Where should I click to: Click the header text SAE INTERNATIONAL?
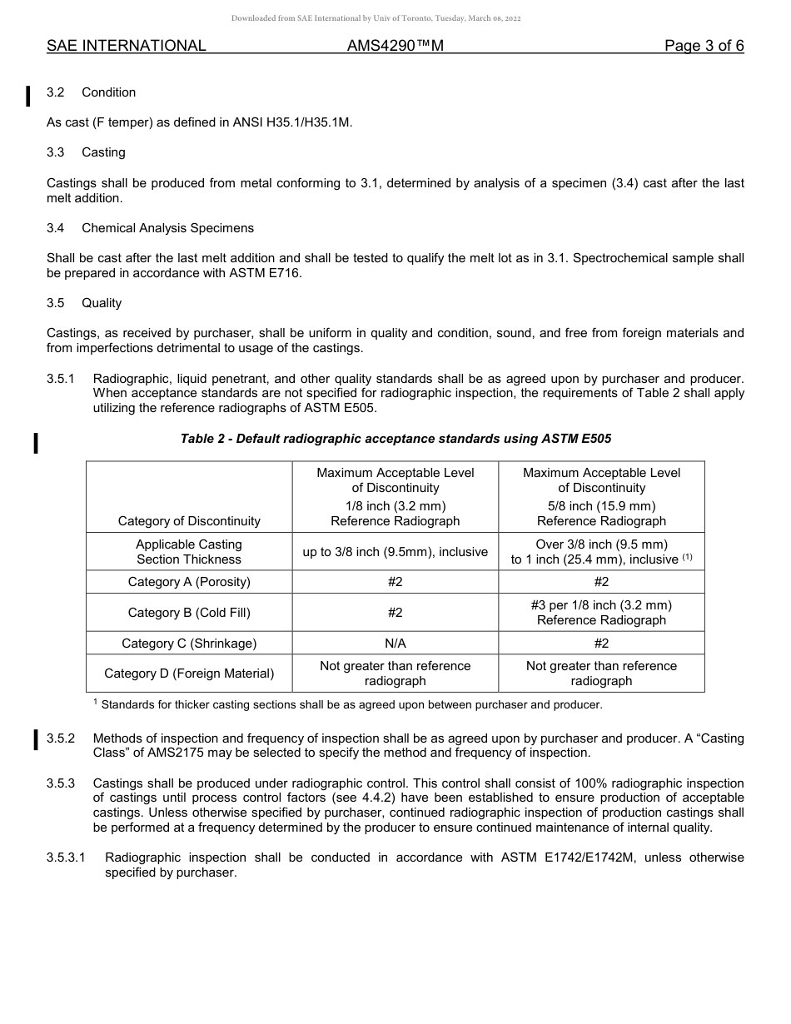(126, 46)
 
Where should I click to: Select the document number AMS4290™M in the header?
(395, 46)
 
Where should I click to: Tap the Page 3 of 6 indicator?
(704, 46)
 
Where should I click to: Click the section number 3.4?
(56, 227)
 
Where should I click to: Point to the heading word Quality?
(102, 303)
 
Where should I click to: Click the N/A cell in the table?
(395, 643)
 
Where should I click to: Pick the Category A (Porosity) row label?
(189, 581)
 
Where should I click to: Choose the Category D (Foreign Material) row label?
(189, 673)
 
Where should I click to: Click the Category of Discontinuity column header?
(189, 521)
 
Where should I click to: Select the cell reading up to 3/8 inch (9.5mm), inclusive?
(395, 551)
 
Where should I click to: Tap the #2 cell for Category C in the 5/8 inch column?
(601, 643)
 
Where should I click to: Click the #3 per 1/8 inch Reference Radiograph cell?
(601, 612)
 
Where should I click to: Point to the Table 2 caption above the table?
(395, 438)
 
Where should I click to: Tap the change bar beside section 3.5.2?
(35, 739)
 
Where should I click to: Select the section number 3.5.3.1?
(67, 857)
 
